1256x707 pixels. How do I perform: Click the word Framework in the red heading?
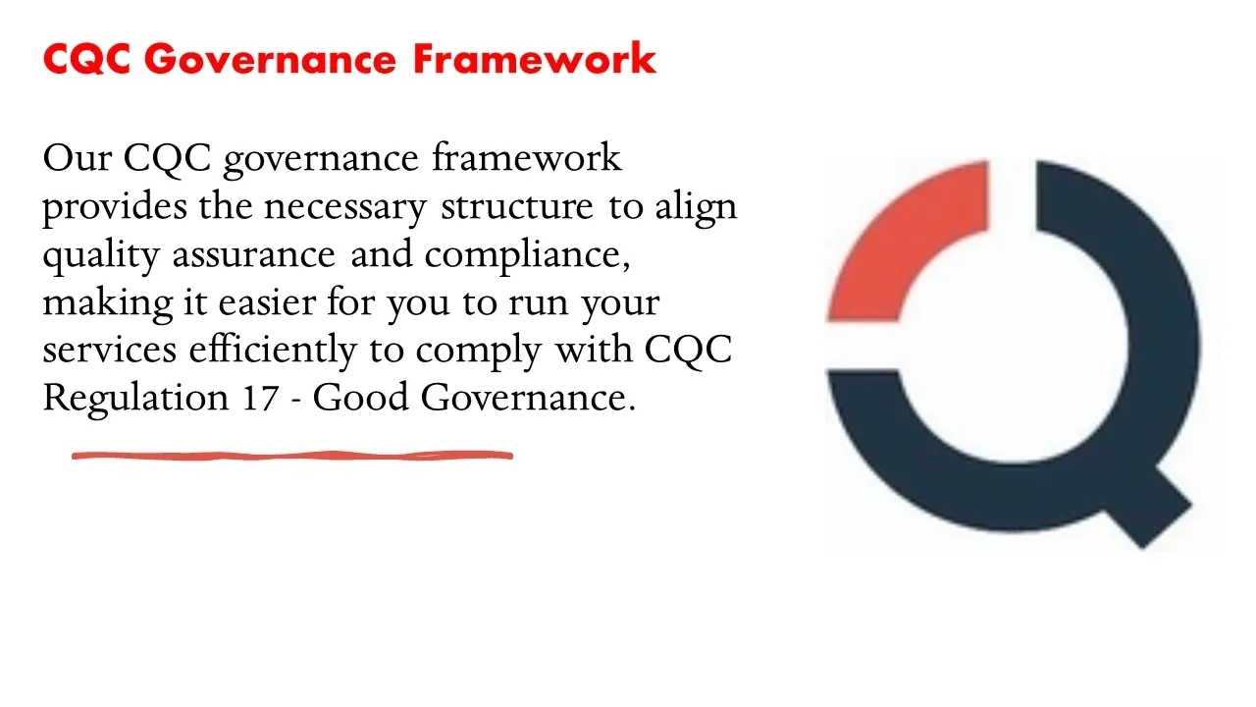point(535,58)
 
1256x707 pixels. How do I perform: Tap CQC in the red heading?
point(87,58)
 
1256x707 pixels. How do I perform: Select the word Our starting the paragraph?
point(78,158)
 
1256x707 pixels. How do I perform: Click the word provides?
point(115,207)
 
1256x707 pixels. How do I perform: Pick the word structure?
point(517,207)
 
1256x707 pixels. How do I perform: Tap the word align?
point(696,207)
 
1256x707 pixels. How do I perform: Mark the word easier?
point(268,303)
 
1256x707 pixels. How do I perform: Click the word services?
point(110,351)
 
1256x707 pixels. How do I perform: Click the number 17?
point(261,399)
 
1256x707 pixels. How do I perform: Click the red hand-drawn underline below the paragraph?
point(292,456)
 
